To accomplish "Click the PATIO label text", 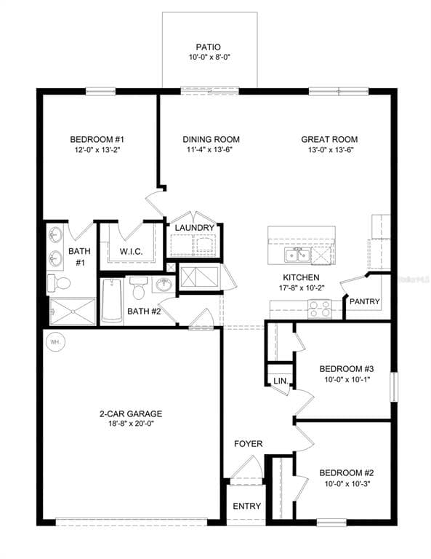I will click(x=209, y=46).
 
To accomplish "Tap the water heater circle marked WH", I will click(x=55, y=341).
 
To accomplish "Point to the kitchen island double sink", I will click(x=298, y=255).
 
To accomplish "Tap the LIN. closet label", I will click(x=279, y=381).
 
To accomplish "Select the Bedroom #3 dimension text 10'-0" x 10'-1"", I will click(x=347, y=379).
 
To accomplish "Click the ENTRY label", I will click(x=246, y=507).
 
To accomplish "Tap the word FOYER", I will click(x=248, y=444).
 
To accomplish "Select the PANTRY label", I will click(x=364, y=301).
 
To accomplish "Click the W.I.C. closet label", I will click(x=131, y=252).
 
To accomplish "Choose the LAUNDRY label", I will click(x=194, y=228).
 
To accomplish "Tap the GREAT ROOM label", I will click(x=329, y=140).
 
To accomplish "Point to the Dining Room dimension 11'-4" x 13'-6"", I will click(x=211, y=150).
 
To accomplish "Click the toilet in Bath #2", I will click(x=139, y=290).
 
